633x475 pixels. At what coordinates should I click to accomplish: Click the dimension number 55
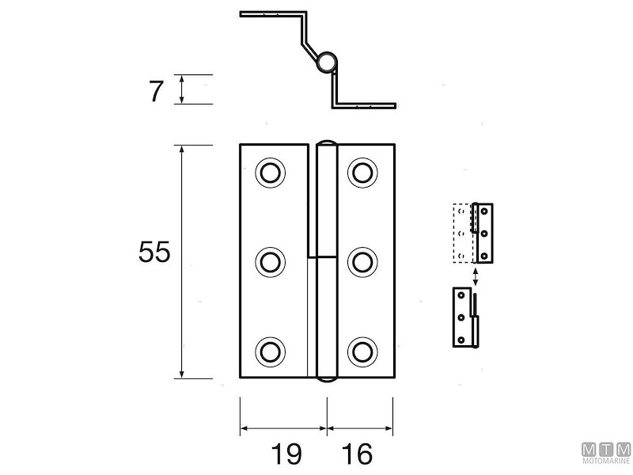tap(154, 253)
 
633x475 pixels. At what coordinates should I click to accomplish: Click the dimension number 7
tap(156, 91)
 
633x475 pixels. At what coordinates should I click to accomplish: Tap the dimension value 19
tap(286, 454)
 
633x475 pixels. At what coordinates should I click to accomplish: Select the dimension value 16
tap(358, 454)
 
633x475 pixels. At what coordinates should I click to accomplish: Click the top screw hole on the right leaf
tap(362, 172)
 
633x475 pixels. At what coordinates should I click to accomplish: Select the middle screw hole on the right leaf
tap(362, 261)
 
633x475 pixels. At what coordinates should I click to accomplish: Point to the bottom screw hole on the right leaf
tap(362, 351)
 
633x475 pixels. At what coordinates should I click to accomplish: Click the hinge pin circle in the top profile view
tap(326, 62)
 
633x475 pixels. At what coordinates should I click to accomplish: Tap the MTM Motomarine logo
tap(606, 453)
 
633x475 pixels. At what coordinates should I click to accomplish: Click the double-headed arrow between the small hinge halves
tap(475, 275)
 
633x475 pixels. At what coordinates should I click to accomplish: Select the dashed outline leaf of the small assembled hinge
tap(461, 234)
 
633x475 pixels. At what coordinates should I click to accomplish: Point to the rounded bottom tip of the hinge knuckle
tap(326, 379)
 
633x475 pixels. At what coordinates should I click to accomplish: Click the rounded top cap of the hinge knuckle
tap(326, 143)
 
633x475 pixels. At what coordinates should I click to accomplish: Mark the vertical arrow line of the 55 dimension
tap(182, 261)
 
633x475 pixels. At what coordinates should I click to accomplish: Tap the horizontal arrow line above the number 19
tap(283, 428)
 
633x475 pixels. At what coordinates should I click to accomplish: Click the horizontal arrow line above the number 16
tap(360, 428)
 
